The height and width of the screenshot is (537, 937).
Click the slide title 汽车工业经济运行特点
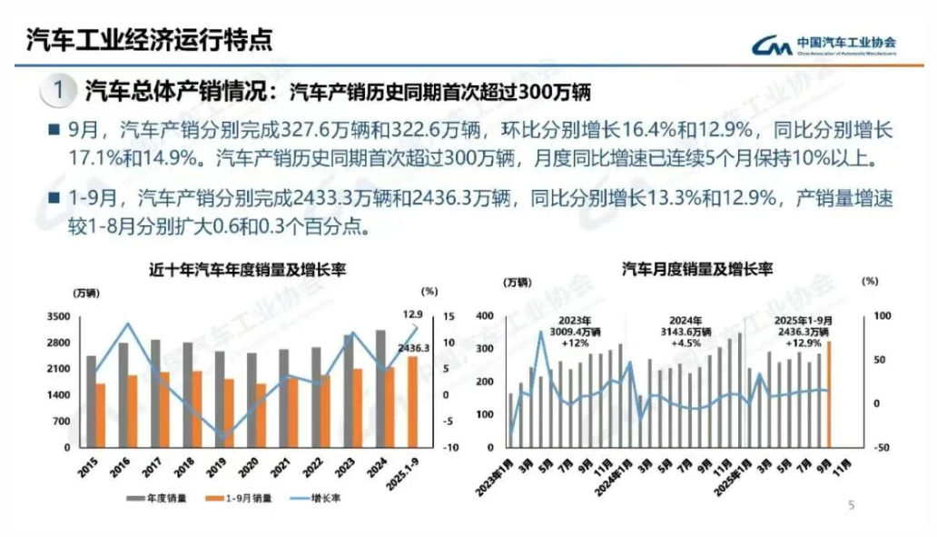(x=149, y=41)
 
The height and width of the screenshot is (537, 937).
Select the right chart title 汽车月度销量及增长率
(x=696, y=270)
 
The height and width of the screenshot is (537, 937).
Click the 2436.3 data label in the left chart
(x=413, y=348)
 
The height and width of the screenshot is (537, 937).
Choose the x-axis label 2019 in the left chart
(x=217, y=467)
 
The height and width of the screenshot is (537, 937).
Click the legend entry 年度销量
(x=161, y=498)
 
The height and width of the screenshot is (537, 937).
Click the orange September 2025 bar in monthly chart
(x=828, y=394)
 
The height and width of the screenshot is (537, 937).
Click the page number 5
(x=851, y=505)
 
